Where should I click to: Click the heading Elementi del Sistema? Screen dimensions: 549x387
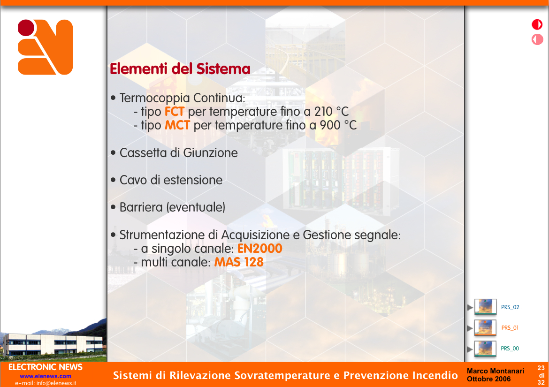coord(180,68)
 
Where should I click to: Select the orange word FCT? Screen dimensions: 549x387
coord(175,112)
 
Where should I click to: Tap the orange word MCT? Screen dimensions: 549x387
coord(177,125)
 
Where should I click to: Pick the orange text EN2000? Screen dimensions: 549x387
coord(260,249)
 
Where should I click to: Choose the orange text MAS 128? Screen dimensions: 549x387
coord(239,262)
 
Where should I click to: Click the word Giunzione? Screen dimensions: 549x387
coord(210,153)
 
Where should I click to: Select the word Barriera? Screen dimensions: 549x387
coord(141,207)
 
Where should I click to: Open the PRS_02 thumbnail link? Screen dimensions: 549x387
coord(485,307)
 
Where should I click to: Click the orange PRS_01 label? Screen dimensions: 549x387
coord(510,328)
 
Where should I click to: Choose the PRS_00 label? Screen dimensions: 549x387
coord(510,349)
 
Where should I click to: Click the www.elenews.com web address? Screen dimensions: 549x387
coord(46,376)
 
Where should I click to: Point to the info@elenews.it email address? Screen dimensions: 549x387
coord(56,383)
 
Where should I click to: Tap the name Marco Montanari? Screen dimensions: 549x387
coord(496,371)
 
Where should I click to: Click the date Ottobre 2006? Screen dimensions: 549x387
coord(489,379)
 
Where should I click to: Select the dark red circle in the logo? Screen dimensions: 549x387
coord(26,28)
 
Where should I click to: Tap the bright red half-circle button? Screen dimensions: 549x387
coord(537,24)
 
